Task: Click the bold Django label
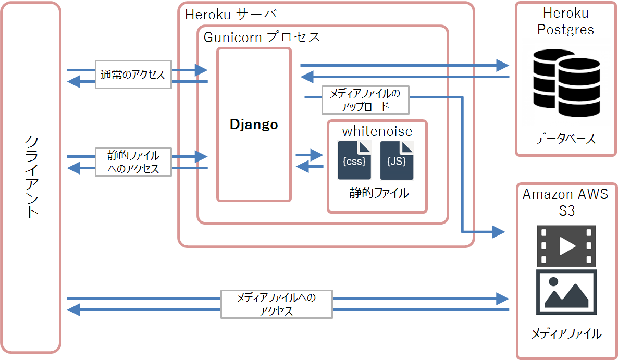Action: [254, 125]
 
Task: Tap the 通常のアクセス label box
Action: [133, 75]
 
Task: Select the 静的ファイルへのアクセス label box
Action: [133, 162]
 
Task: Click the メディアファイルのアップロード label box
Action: [365, 100]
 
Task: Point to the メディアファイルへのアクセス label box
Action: [276, 304]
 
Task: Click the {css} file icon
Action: [354, 161]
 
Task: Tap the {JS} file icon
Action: [397, 161]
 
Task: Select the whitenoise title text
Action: [377, 131]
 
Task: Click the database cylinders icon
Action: [566, 81]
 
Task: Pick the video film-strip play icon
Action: [566, 246]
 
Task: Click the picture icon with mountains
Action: [566, 292]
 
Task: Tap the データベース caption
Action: [565, 139]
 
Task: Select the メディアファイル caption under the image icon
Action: [566, 333]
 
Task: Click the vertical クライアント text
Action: [32, 177]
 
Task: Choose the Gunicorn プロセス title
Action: [262, 38]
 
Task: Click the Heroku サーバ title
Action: [230, 14]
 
